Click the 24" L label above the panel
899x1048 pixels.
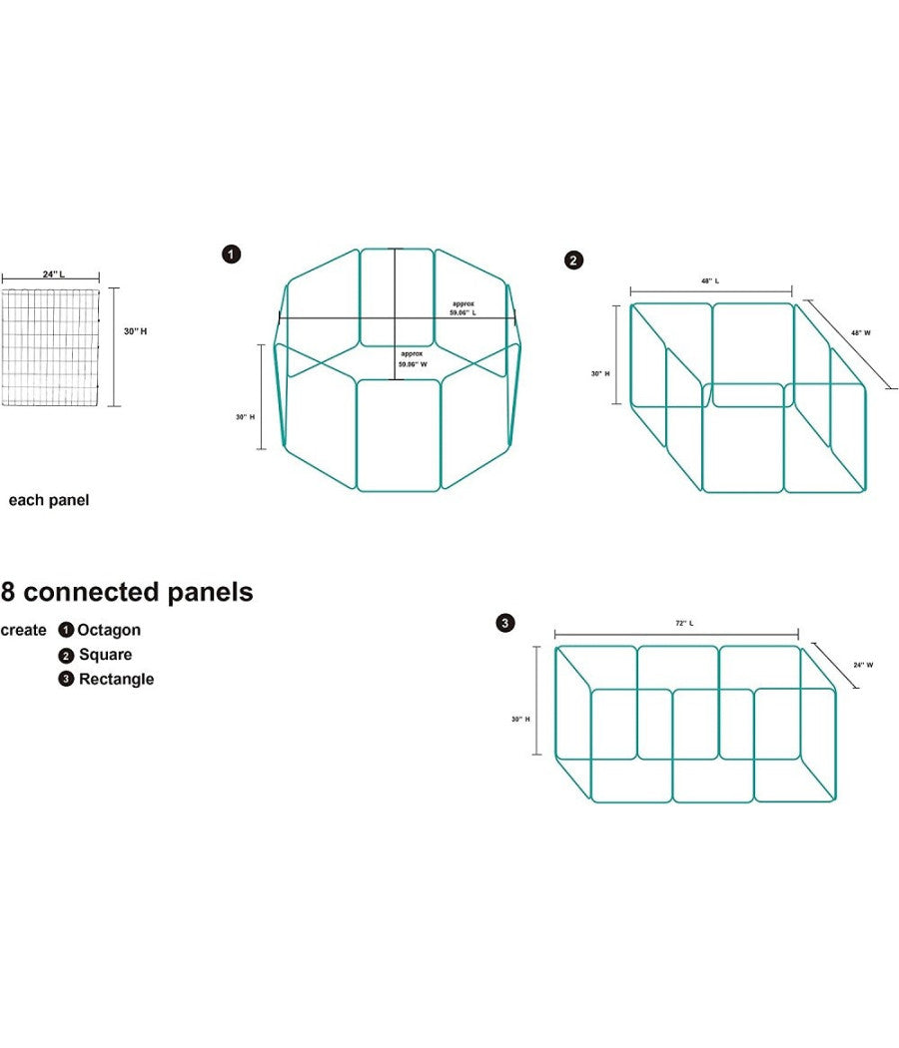point(54,274)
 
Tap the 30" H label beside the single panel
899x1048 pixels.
point(135,331)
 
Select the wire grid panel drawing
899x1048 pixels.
point(51,347)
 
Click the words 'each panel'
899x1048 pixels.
point(49,501)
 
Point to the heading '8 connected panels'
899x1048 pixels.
point(127,592)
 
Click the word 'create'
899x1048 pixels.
point(23,630)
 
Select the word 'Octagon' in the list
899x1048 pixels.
point(109,630)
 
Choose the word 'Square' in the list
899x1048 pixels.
point(106,655)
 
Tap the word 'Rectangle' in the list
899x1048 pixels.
point(117,679)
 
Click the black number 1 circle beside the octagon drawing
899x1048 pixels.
point(232,254)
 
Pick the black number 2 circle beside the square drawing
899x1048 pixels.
point(574,260)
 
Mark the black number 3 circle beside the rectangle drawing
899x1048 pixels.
point(505,623)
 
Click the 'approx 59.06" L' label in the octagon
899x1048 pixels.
point(462,308)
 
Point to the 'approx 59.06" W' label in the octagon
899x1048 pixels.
point(412,359)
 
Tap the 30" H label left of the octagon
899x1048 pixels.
point(246,417)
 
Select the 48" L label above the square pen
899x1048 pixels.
point(710,281)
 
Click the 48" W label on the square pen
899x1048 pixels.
point(861,332)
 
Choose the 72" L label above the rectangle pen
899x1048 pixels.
point(684,624)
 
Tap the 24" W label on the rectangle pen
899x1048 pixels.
point(864,665)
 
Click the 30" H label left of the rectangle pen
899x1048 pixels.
point(521,720)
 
